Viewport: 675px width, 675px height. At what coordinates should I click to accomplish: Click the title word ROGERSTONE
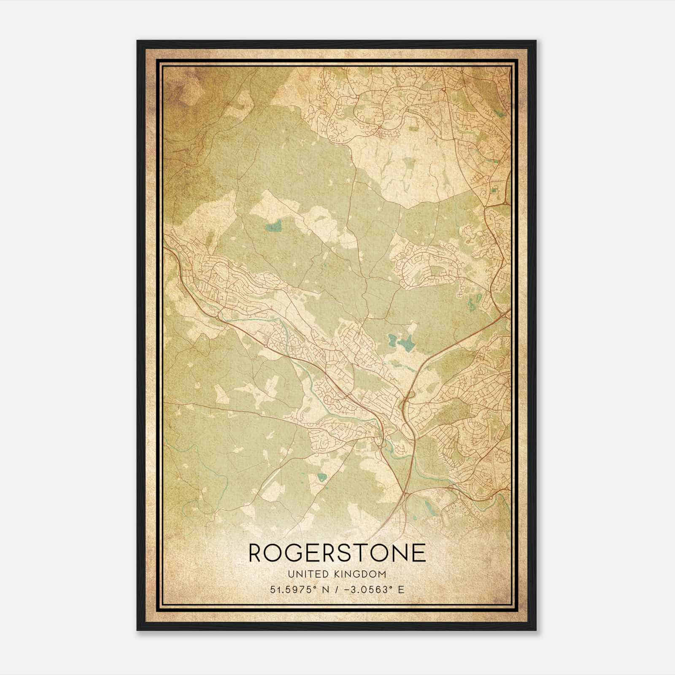pyautogui.click(x=337, y=553)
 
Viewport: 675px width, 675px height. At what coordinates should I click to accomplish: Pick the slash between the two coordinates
pyautogui.click(x=335, y=589)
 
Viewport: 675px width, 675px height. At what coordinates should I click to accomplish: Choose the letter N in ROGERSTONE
pyautogui.click(x=400, y=553)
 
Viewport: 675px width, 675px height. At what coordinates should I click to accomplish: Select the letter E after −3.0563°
pyautogui.click(x=401, y=589)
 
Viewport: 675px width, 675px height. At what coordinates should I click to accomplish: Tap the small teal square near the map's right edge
pyautogui.click(x=494, y=191)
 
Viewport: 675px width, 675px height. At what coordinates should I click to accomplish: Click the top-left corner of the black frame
pyautogui.click(x=138, y=41)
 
